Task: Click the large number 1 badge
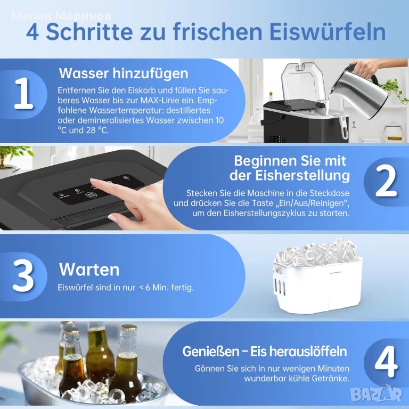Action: [24, 93]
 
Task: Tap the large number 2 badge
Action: [386, 181]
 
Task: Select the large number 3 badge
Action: [23, 275]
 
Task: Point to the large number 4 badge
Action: [386, 362]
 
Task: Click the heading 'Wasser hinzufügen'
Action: [124, 73]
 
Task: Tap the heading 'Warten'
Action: [89, 269]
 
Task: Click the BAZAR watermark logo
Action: [377, 394]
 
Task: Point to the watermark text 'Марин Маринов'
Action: [62, 17]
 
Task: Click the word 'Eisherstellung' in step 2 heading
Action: [302, 176]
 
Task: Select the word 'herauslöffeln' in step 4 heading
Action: [298, 351]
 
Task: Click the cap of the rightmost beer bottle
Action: [128, 328]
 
